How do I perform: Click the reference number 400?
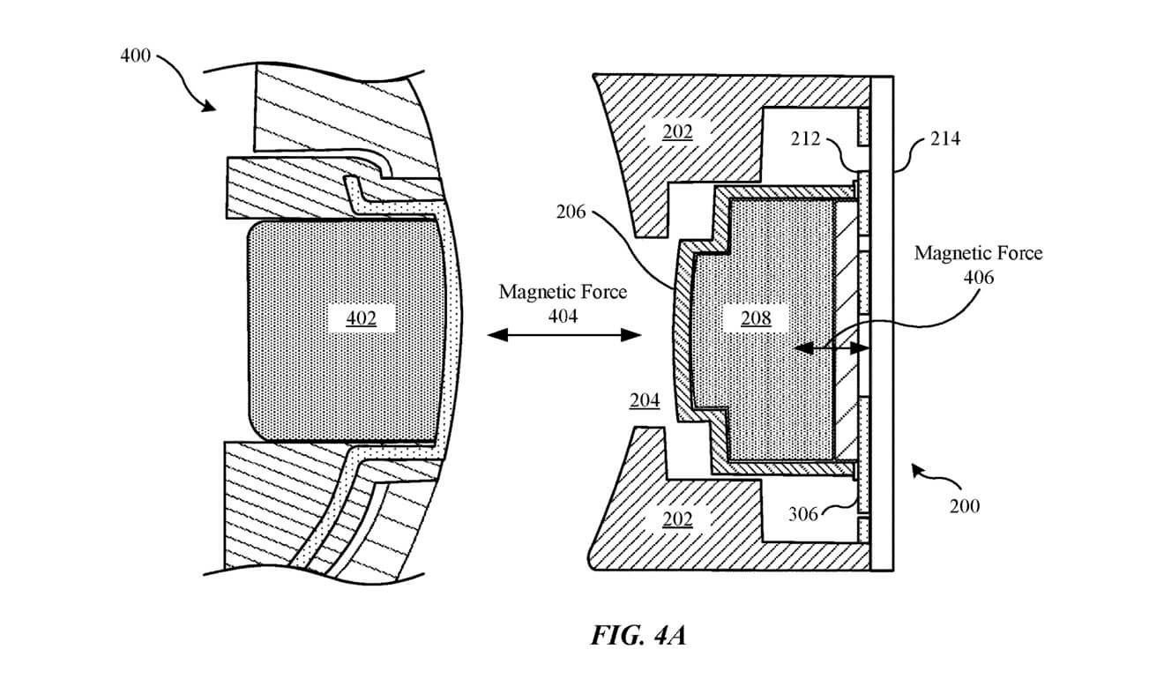(135, 56)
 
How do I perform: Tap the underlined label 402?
(362, 318)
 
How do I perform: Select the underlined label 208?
(756, 318)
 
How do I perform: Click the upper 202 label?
(677, 132)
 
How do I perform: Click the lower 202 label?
(677, 519)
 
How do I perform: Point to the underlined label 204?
(645, 400)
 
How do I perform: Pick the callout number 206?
(571, 212)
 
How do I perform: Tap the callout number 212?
(805, 138)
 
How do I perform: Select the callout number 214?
(945, 138)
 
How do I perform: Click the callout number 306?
(802, 514)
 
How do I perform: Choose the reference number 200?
(965, 506)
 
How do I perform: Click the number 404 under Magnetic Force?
(563, 316)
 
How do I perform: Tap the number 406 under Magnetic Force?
(979, 278)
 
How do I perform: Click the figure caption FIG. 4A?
(638, 635)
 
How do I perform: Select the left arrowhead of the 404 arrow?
(497, 335)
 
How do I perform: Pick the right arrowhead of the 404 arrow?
(630, 335)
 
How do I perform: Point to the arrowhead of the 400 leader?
(209, 107)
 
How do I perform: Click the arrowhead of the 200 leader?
(918, 471)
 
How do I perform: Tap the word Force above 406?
(1018, 253)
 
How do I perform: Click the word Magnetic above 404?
(534, 292)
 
